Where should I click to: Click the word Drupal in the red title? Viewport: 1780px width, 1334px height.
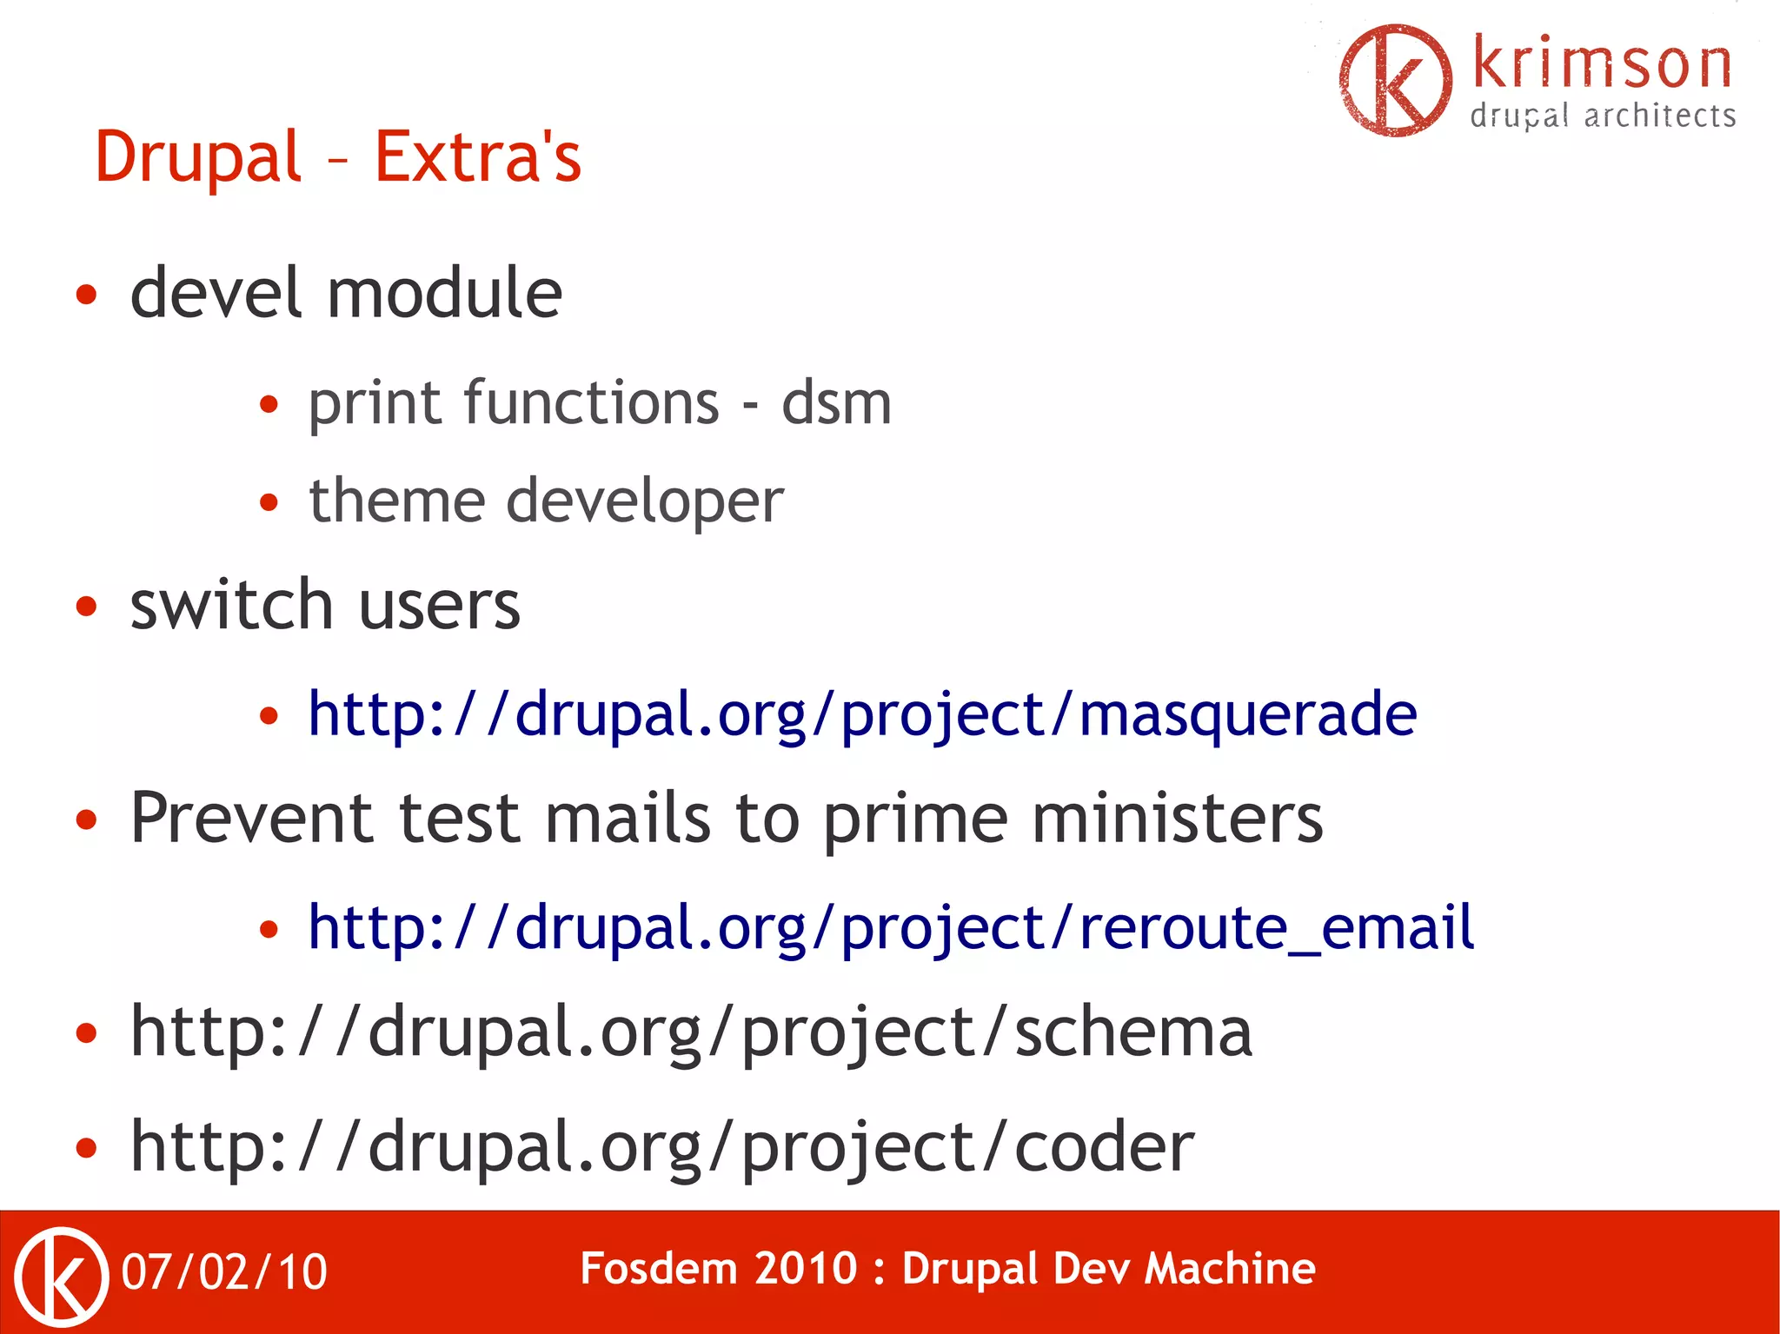(198, 158)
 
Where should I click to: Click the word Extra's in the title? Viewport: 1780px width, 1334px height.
(477, 158)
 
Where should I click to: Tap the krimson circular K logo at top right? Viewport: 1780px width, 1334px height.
(1395, 80)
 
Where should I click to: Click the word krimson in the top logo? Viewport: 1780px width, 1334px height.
(1602, 64)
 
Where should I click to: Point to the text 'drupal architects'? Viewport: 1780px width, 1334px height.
(1603, 116)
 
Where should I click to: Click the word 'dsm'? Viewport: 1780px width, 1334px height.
(836, 404)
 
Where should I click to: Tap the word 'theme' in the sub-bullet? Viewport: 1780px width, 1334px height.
(396, 501)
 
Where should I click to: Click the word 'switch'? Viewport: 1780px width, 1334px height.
(231, 605)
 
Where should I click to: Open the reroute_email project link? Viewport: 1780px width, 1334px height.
(891, 928)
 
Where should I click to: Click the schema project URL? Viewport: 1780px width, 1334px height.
(691, 1032)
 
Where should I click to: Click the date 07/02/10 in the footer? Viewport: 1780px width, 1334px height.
(224, 1272)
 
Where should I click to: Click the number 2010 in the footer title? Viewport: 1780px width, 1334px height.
(806, 1269)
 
